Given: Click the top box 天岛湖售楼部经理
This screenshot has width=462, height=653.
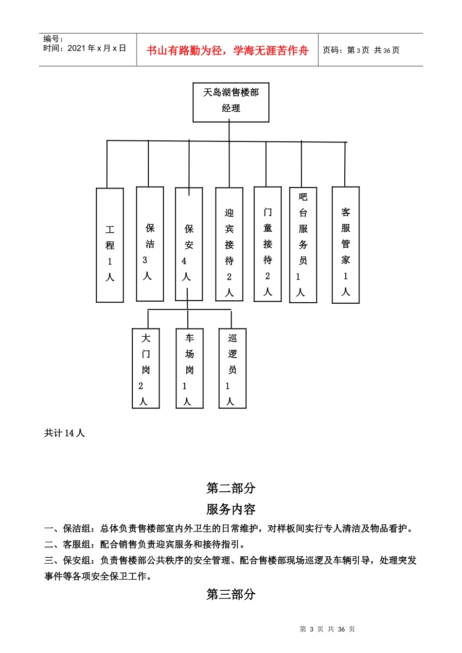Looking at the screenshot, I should point(231,102).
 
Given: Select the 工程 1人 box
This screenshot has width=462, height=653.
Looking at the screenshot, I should point(110,245).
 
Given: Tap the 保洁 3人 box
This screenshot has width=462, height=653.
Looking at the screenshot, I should point(150,244).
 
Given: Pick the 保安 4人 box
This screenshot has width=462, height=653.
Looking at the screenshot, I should point(189,244).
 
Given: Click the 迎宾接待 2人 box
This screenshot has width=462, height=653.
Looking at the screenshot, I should point(229,244).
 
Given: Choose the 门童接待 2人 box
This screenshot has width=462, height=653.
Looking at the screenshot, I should point(267,244).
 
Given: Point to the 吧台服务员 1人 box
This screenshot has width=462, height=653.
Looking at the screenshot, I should point(303,245).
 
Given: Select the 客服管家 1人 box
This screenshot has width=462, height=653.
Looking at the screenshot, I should point(345,245).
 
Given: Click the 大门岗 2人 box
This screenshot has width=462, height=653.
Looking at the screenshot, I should point(146,368).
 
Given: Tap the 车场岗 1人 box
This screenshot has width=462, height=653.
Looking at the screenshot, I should point(189,368).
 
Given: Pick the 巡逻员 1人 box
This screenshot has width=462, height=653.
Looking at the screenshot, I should point(232,368).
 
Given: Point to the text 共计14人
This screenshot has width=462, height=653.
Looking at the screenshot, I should point(65,433).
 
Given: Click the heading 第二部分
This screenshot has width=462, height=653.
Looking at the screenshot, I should point(231,488).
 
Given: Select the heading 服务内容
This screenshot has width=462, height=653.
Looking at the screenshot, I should point(231,509).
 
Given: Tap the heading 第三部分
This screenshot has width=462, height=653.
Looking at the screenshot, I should point(231,594).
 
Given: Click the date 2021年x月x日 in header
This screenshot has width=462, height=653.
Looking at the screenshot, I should point(97,48).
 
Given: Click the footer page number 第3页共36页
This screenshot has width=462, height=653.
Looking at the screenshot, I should point(327,629).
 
